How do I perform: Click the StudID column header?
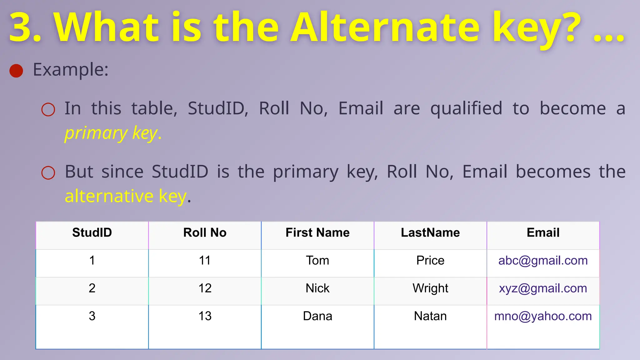[92, 233]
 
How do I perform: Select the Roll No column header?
[205, 233]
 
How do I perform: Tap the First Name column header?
[317, 233]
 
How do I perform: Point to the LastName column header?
[430, 233]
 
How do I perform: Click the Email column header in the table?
[543, 233]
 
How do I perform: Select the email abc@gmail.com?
[543, 261]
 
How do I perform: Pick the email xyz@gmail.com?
[543, 288]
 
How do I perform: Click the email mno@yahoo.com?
[543, 316]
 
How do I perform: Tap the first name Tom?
[317, 261]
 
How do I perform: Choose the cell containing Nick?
[317, 288]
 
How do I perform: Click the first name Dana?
[317, 316]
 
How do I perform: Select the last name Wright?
[430, 288]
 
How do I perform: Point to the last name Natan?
[430, 316]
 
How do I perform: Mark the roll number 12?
[205, 288]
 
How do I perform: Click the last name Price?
[430, 261]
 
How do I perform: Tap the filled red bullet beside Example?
[16, 71]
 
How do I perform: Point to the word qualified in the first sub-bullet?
[466, 109]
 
